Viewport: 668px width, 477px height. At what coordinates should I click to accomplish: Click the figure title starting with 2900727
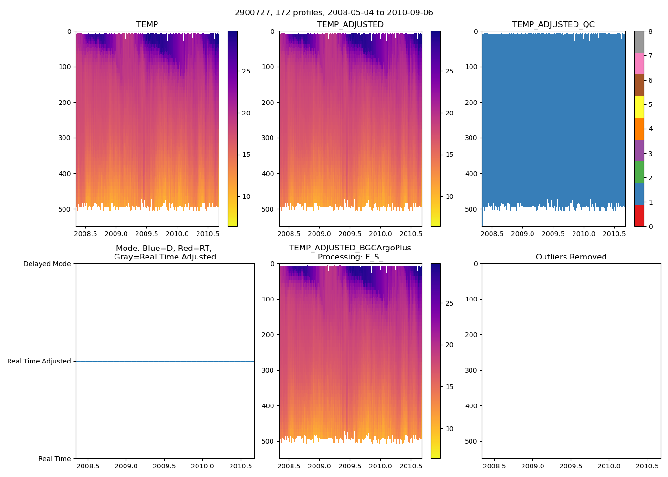pyautogui.click(x=334, y=13)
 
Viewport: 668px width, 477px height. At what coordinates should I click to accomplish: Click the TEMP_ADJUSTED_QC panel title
pyautogui.click(x=553, y=25)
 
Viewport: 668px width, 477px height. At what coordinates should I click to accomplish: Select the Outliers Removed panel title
pyautogui.click(x=571, y=257)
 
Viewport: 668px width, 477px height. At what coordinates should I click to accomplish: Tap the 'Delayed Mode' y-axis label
pyautogui.click(x=47, y=264)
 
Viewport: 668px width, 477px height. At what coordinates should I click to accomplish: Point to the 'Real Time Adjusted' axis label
pyautogui.click(x=39, y=361)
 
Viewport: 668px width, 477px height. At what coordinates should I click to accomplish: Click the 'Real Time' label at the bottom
pyautogui.click(x=54, y=459)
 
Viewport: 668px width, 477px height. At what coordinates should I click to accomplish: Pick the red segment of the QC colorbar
pyautogui.click(x=638, y=215)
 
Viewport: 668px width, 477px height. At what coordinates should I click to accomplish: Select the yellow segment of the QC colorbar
pyautogui.click(x=638, y=107)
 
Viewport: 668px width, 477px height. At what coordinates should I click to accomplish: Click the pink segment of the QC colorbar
pyautogui.click(x=638, y=63)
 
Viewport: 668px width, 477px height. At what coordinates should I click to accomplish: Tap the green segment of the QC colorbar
pyautogui.click(x=638, y=172)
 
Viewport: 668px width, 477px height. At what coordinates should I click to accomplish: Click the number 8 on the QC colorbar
pyautogui.click(x=651, y=31)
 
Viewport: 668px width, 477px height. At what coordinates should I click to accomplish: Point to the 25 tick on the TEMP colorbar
pyautogui.click(x=246, y=71)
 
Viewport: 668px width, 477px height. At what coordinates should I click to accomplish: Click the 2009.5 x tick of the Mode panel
pyautogui.click(x=165, y=466)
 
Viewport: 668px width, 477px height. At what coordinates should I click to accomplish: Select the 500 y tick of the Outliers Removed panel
pyautogui.click(x=471, y=441)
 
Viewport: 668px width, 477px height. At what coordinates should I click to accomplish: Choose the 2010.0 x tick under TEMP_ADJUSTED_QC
pyautogui.click(x=584, y=234)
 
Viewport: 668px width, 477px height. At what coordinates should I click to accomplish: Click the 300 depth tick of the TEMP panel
pyautogui.click(x=65, y=138)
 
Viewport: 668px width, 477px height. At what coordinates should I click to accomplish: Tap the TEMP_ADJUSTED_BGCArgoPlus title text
pyautogui.click(x=350, y=248)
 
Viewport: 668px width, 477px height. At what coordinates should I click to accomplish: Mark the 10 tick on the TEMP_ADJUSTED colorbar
pyautogui.click(x=449, y=197)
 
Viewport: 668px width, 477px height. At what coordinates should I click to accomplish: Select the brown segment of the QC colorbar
pyautogui.click(x=638, y=85)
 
